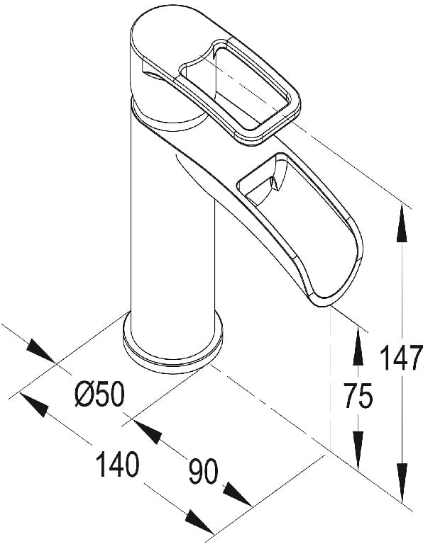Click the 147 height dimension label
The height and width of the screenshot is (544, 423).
click(x=402, y=357)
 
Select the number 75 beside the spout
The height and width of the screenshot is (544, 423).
click(x=358, y=395)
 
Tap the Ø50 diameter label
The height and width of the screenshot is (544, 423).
click(x=99, y=393)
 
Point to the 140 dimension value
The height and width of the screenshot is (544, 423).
click(x=118, y=463)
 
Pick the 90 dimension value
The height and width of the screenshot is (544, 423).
click(x=204, y=471)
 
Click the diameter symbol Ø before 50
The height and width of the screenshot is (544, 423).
click(x=84, y=393)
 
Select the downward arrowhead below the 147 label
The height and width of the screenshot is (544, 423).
click(x=402, y=483)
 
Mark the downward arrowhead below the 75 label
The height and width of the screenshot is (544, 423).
click(x=358, y=450)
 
